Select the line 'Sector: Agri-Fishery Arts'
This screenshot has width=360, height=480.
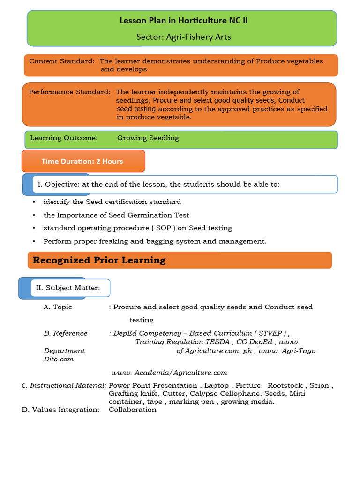coord(183,37)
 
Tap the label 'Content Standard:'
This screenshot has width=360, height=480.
coord(62,61)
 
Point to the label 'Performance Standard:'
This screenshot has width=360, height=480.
coord(69,92)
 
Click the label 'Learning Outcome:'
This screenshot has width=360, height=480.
coord(64,138)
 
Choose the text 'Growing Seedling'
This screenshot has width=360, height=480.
coord(148,138)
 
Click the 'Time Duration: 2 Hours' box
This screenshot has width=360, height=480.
coord(82,161)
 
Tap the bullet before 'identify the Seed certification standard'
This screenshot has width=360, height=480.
coord(34,202)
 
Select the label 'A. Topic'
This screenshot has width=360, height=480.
coord(58,307)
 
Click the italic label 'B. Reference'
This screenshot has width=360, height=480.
coord(66,333)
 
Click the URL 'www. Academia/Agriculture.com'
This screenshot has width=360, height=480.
coord(169,373)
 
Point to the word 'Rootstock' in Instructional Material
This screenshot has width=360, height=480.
coord(286,385)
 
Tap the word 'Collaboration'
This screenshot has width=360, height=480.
coord(133,409)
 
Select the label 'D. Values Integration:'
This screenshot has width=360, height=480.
coord(61,409)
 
